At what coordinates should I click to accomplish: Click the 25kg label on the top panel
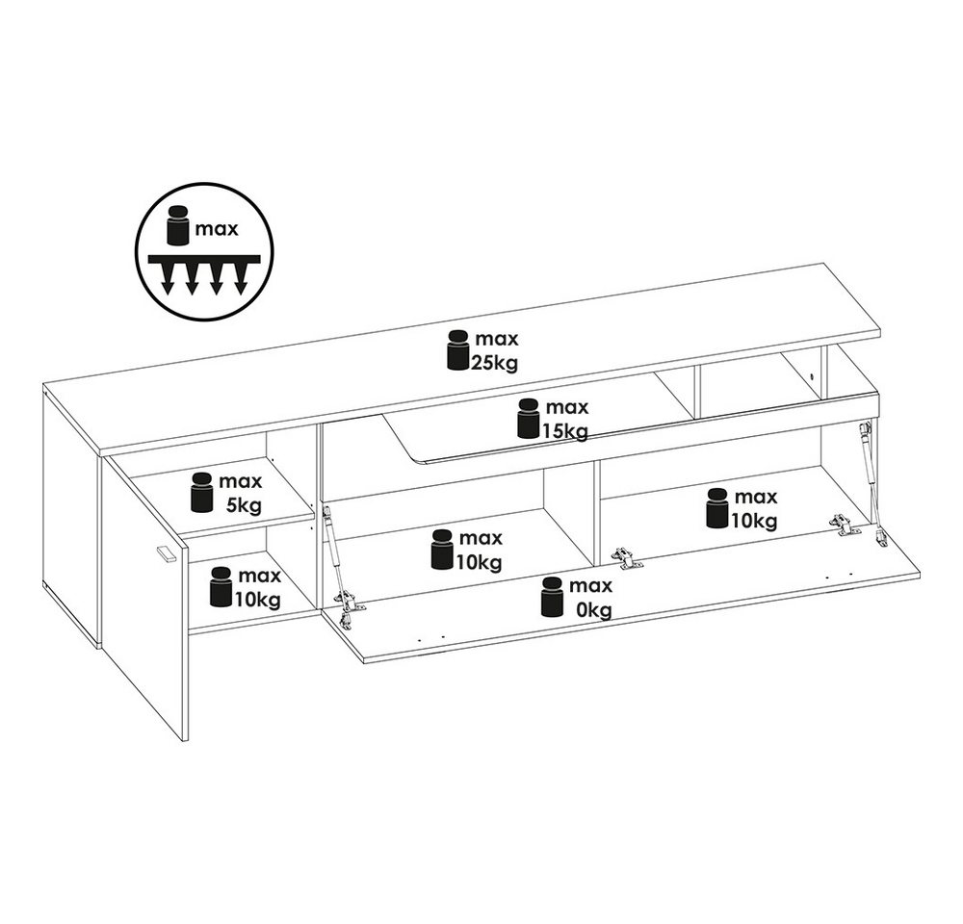click(x=494, y=363)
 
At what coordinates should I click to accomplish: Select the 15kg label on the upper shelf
click(x=564, y=431)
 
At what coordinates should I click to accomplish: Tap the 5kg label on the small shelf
click(x=244, y=505)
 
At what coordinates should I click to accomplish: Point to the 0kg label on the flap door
click(x=593, y=610)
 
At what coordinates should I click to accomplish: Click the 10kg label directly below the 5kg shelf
click(x=258, y=600)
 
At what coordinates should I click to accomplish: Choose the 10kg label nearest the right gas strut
click(x=754, y=521)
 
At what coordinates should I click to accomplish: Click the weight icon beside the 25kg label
click(x=458, y=350)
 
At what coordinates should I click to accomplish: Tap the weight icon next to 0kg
click(x=552, y=597)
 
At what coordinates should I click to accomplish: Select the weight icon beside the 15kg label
click(x=528, y=418)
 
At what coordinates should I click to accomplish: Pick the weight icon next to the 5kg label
click(x=201, y=493)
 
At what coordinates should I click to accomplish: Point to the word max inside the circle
click(x=217, y=230)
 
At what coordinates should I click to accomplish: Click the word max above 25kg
click(x=497, y=338)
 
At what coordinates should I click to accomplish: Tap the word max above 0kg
click(x=591, y=586)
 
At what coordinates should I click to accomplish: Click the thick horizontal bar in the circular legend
click(x=204, y=259)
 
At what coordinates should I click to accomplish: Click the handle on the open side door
click(x=166, y=553)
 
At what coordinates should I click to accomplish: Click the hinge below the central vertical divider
click(x=626, y=557)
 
